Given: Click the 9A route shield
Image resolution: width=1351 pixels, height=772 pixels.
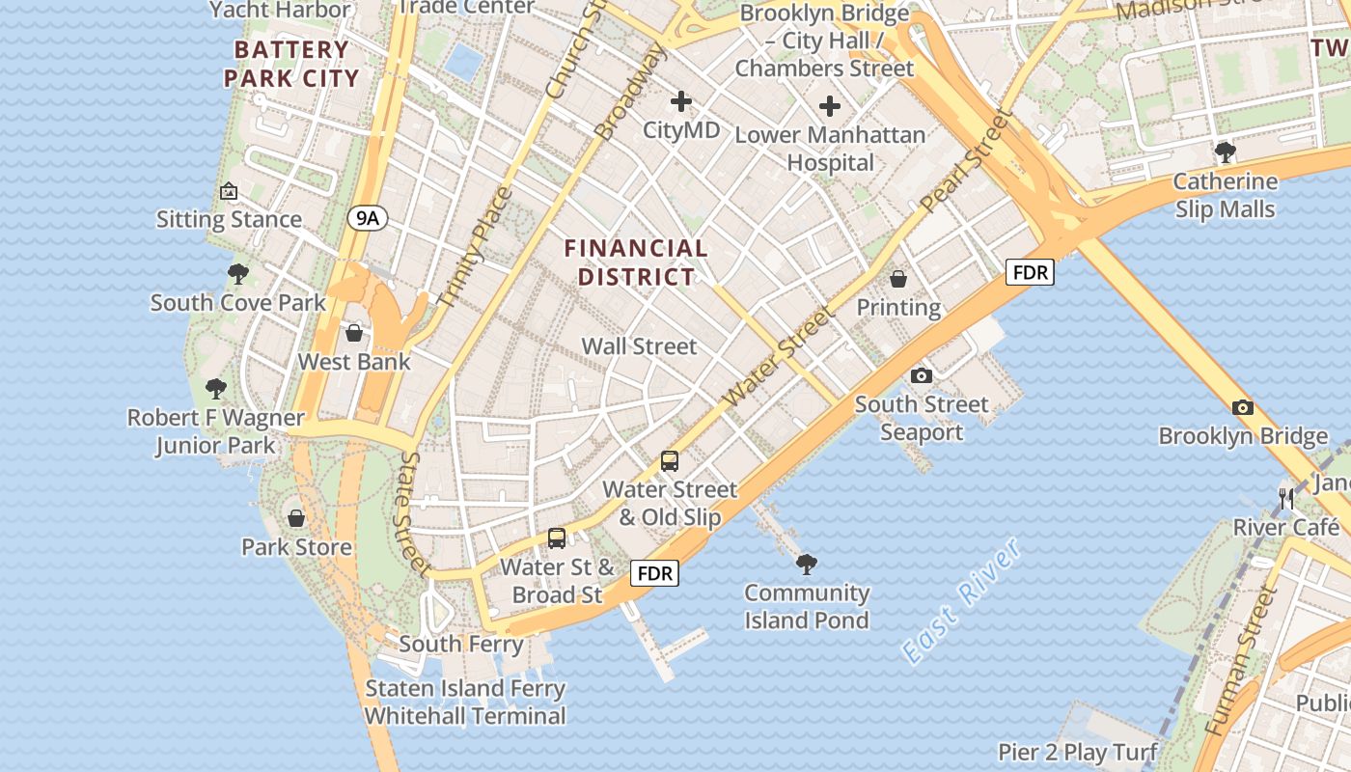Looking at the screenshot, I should click(368, 218).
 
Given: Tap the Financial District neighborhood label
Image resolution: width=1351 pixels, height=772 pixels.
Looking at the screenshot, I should click(636, 262).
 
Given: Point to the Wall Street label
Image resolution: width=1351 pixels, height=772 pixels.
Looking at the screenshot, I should click(639, 345).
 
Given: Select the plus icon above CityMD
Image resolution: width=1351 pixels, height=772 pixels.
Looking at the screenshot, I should click(681, 100).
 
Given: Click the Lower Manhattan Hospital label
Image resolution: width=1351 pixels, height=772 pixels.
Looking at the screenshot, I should click(830, 148).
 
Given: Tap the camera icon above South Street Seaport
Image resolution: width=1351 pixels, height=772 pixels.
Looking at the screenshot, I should click(922, 375).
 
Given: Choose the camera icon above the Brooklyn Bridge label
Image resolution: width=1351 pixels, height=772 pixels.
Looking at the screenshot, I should click(1243, 407).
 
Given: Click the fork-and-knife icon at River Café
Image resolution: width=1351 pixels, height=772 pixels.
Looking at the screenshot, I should click(1286, 499).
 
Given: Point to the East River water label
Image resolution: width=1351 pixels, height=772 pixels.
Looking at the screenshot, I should click(961, 600).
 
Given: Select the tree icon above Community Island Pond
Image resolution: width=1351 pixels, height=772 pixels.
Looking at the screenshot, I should click(806, 564).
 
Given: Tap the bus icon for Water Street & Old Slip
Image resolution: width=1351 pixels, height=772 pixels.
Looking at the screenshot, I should click(670, 461).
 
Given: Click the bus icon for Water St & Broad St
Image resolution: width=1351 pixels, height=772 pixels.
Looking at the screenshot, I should click(557, 538).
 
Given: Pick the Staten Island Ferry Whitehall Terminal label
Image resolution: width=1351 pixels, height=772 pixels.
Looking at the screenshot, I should click(465, 702).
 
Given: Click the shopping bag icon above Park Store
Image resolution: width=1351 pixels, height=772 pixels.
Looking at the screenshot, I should click(296, 518).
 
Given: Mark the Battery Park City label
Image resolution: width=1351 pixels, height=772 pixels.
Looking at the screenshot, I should click(291, 64).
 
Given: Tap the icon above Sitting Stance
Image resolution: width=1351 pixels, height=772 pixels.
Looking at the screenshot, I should click(229, 191).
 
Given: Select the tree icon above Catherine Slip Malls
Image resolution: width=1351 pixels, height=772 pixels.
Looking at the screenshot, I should click(1225, 152).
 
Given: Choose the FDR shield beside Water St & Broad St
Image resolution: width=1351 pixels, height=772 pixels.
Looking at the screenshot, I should click(655, 573).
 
